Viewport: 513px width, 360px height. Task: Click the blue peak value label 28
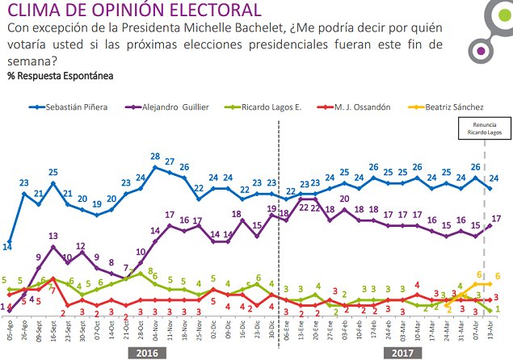pyautogui.click(x=155, y=156)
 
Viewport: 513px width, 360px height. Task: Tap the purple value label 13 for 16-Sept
pyautogui.click(x=52, y=236)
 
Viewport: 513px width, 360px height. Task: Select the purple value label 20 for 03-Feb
pyautogui.click(x=345, y=199)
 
